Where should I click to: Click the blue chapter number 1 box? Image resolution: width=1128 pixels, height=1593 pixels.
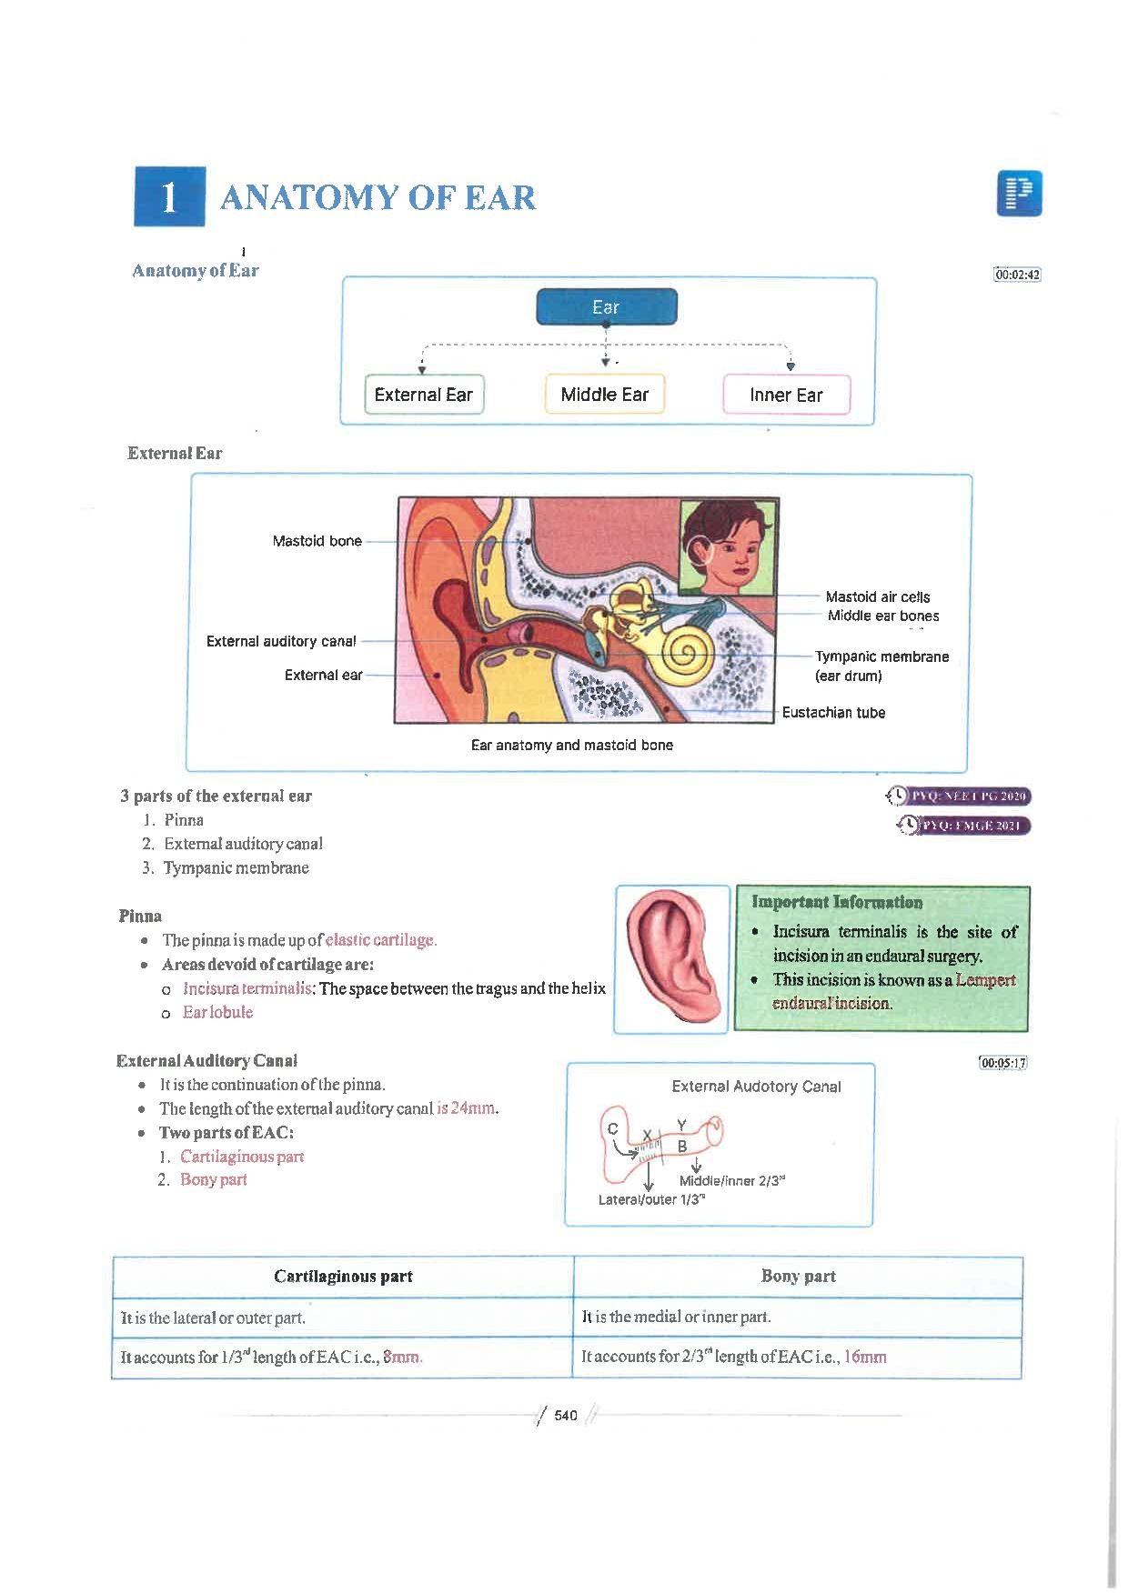[x=169, y=196]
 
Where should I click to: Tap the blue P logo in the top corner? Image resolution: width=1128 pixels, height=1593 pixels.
[x=1019, y=194]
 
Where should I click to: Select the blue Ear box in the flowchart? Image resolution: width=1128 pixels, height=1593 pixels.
[x=607, y=307]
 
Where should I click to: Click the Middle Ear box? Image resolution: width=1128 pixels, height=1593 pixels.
[x=605, y=395]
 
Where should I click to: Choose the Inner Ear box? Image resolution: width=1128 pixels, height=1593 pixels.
[x=786, y=395]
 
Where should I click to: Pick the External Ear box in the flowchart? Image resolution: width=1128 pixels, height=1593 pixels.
[x=424, y=395]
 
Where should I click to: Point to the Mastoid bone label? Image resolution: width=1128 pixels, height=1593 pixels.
[x=317, y=541]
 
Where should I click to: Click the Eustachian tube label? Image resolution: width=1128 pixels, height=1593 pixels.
[x=833, y=713]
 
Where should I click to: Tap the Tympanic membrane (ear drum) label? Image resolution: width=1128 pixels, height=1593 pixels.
[x=881, y=666]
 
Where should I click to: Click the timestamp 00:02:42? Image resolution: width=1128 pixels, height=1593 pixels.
[x=1018, y=275]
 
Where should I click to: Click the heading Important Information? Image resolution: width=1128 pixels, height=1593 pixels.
[x=837, y=903]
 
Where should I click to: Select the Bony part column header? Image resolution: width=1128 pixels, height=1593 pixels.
[x=798, y=1276]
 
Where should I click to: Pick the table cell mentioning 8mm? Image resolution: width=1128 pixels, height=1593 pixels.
[x=343, y=1358]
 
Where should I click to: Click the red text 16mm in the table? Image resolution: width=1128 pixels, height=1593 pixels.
[x=865, y=1357]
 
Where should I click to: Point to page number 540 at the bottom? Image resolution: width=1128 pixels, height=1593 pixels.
[x=566, y=1416]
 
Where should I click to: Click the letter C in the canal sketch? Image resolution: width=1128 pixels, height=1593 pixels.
[x=613, y=1128]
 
